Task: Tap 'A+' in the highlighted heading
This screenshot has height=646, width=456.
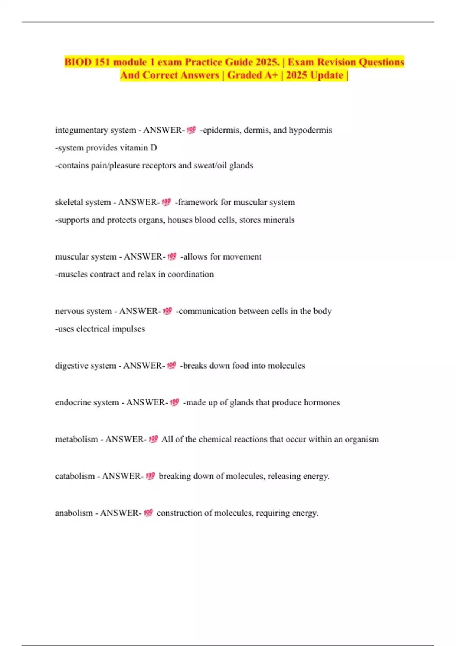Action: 271,75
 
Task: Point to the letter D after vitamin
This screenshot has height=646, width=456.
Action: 154,148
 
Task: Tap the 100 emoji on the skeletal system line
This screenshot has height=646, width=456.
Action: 166,202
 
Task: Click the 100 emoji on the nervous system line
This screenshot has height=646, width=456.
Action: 167,311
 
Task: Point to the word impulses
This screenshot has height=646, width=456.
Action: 128,329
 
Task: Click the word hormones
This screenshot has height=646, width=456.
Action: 322,402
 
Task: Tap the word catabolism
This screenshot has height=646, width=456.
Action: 75,476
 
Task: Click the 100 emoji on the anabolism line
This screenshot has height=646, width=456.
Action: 148,513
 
